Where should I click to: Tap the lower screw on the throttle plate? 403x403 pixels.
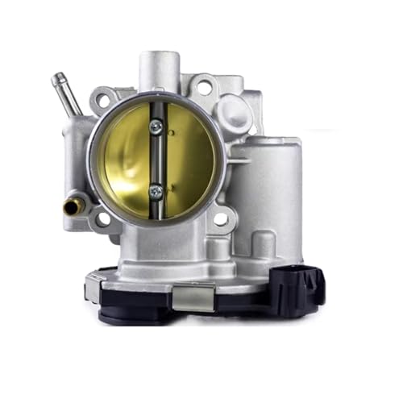pos(156,191)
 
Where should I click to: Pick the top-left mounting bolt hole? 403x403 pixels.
pos(102,101)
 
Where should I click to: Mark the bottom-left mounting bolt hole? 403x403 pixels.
pos(102,218)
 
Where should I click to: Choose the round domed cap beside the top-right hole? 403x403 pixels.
pos(236,107)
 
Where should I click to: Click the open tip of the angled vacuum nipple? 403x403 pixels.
pos(56,78)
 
